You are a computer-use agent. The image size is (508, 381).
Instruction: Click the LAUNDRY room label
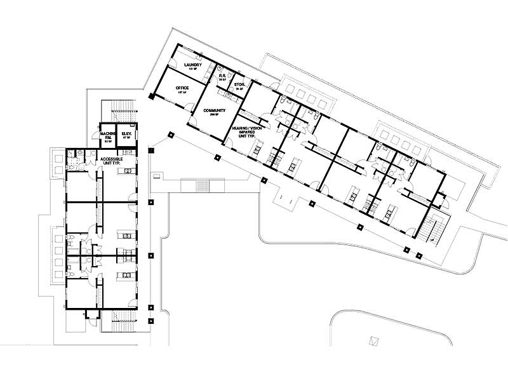tap(192, 65)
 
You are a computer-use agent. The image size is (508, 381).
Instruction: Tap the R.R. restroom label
tap(223, 76)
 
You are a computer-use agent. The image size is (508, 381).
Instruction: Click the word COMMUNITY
tap(215, 110)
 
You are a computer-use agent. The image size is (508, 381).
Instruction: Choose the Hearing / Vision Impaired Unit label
tap(246, 131)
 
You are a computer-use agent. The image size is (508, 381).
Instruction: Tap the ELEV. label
tap(126, 134)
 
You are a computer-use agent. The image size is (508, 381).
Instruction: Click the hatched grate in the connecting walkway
tap(202, 186)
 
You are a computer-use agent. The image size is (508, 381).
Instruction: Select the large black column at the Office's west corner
tap(151, 97)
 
